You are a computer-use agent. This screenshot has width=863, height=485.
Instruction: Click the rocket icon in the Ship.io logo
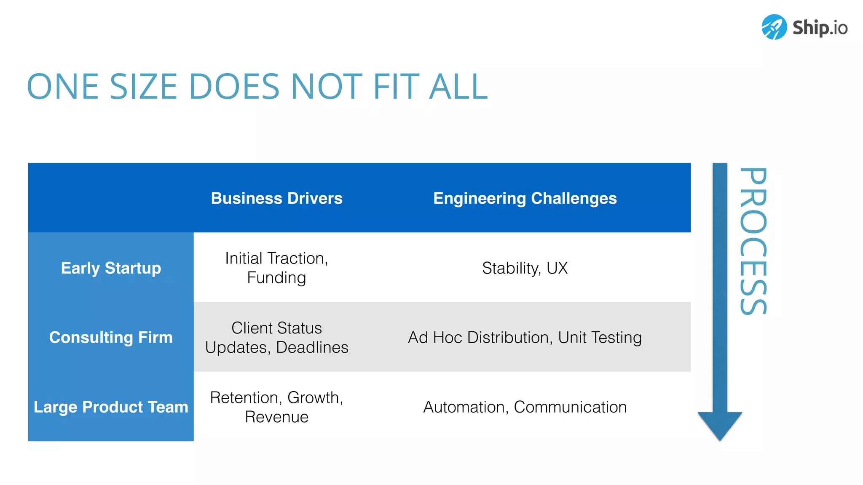pos(774,27)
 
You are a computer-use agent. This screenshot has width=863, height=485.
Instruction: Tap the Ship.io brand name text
pos(820,28)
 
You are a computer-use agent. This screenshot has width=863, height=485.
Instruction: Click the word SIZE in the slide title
pos(143,87)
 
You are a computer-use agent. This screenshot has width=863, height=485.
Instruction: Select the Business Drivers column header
pos(276,198)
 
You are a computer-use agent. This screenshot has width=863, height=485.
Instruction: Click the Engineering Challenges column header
pos(525,198)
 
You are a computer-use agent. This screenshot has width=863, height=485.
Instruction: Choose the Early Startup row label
pos(111,268)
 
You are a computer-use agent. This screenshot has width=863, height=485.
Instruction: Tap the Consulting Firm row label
pos(111,337)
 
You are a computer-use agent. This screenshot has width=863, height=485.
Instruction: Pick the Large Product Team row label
pos(111,407)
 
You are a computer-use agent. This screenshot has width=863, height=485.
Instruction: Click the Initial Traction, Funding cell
pos(276,268)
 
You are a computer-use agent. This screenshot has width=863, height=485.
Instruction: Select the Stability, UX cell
pos(525,268)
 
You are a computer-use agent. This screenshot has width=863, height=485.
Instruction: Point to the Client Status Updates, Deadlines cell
pos(276,337)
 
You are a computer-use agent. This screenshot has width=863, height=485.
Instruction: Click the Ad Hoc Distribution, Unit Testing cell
pos(525,337)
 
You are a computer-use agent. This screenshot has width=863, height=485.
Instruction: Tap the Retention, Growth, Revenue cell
pos(276,407)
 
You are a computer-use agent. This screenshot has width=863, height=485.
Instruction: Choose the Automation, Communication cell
pos(525,407)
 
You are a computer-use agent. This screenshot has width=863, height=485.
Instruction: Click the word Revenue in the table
pos(276,417)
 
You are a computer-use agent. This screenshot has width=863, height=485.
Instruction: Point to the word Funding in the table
pos(276,278)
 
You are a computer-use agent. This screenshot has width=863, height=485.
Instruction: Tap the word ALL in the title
pos(458,87)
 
